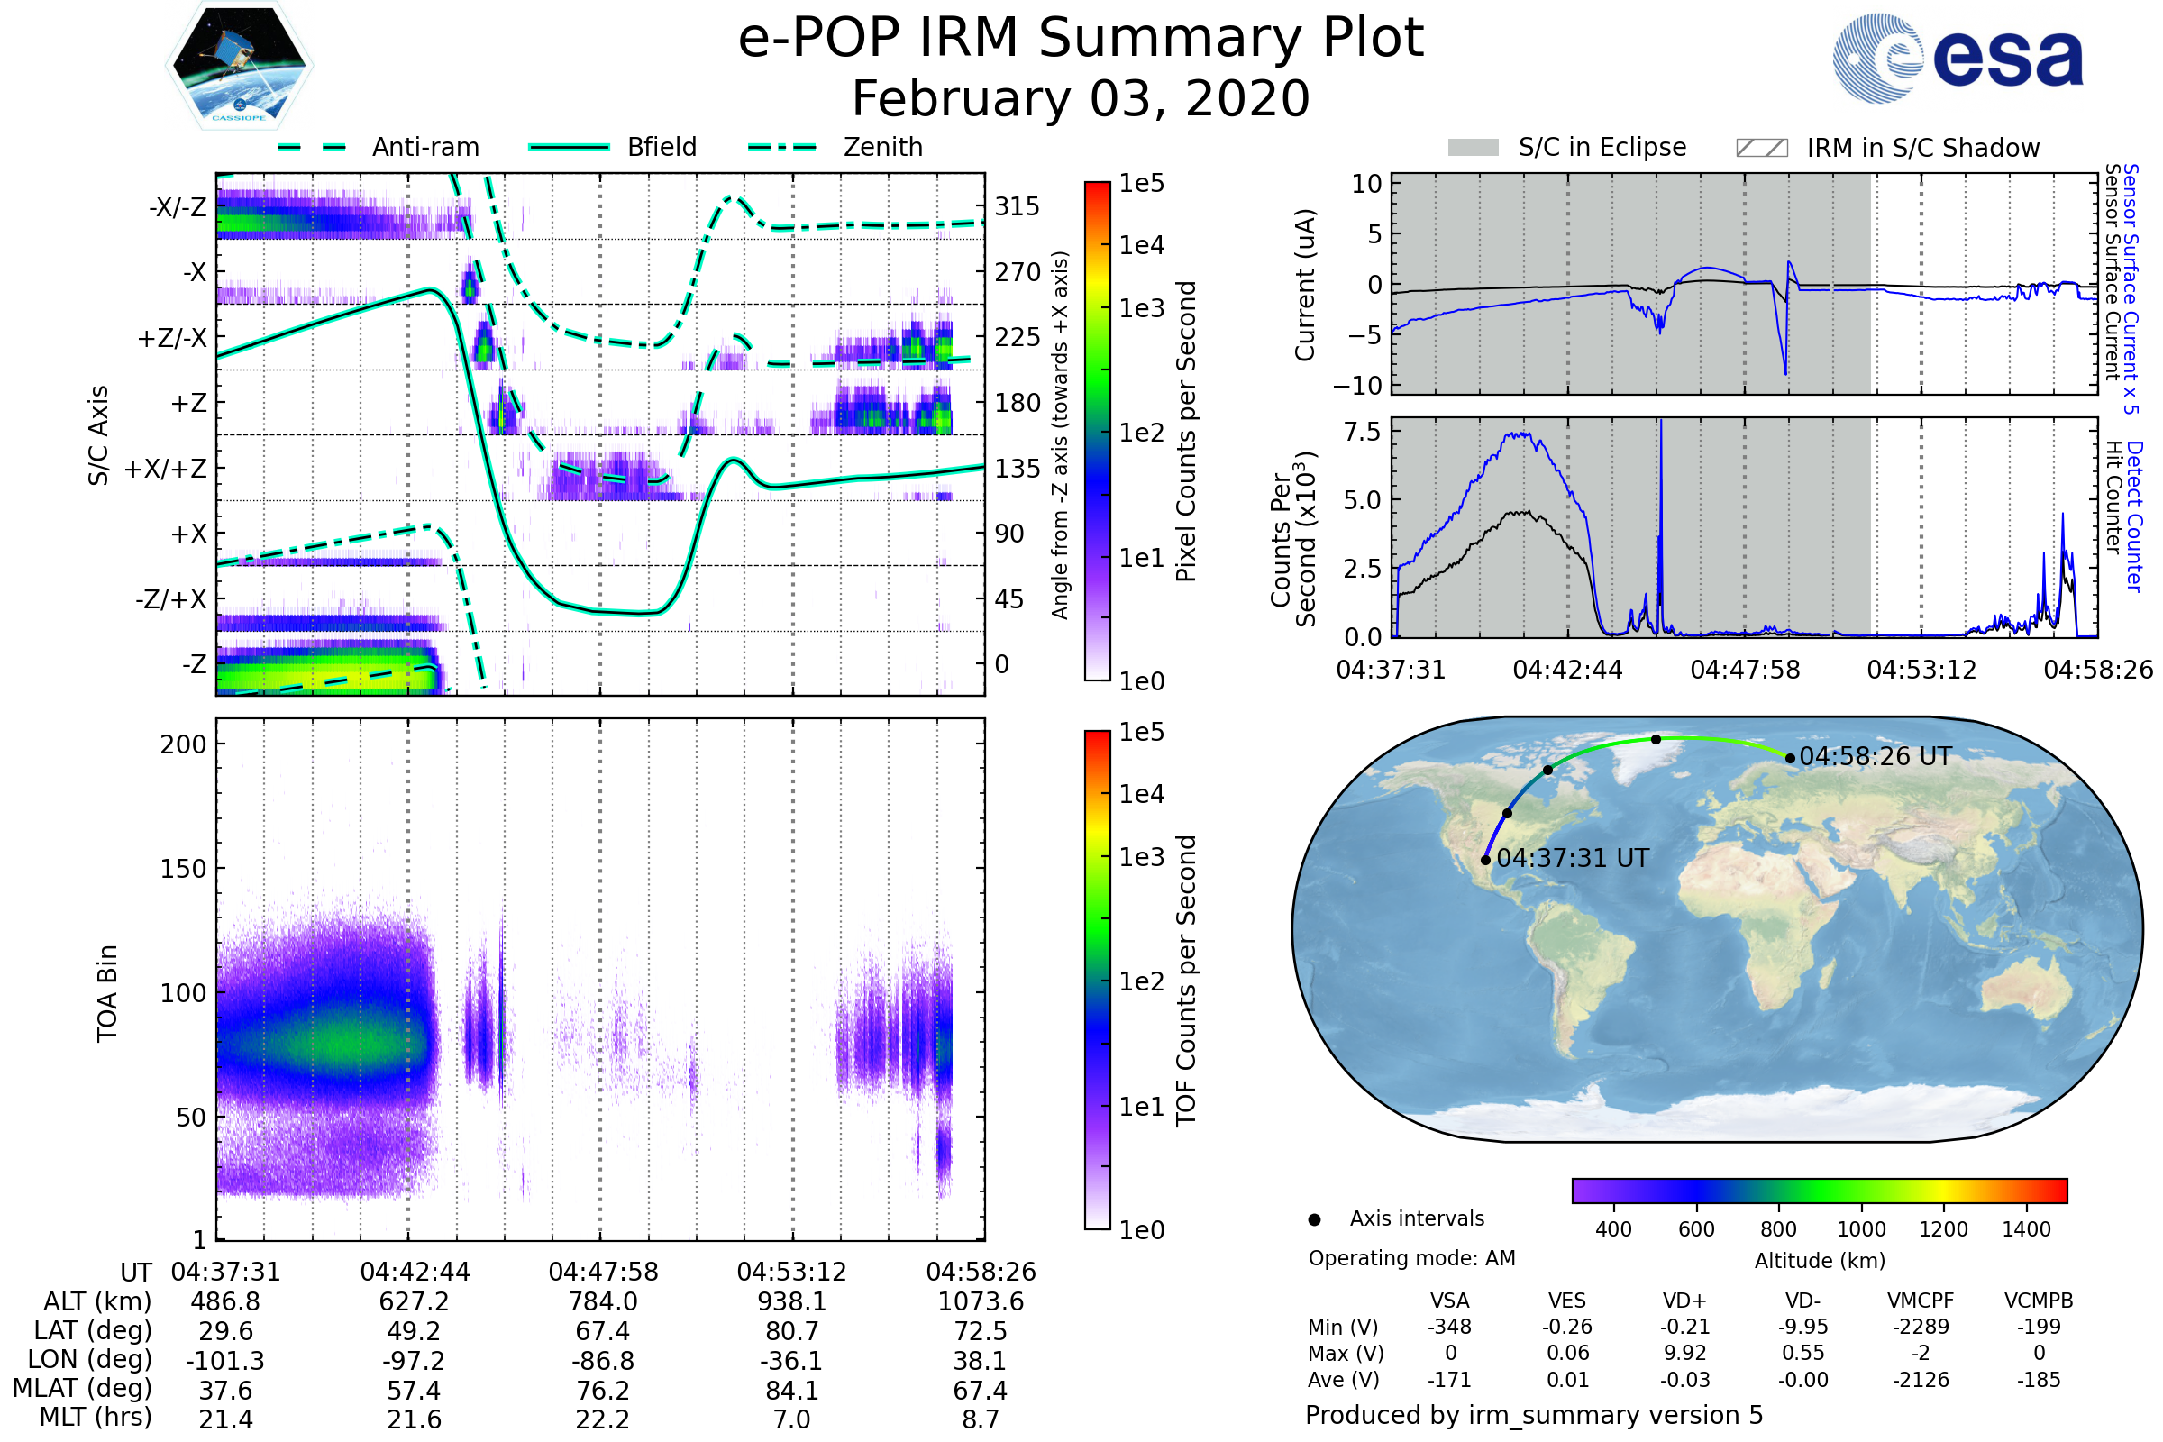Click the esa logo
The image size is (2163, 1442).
click(x=1958, y=58)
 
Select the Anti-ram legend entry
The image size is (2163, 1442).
click(x=379, y=147)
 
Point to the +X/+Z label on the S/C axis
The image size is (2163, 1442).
click(x=166, y=469)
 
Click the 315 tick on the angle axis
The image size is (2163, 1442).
click(x=1018, y=206)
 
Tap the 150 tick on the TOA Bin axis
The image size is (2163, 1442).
click(x=183, y=869)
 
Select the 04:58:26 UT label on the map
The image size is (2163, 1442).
click(x=1876, y=757)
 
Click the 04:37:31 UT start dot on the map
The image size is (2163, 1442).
click(x=1486, y=860)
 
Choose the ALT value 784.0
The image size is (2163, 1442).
click(x=603, y=1302)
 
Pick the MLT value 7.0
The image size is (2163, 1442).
click(x=792, y=1419)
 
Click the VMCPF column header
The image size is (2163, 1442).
click(x=1921, y=1301)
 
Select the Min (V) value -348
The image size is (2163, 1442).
click(x=1449, y=1327)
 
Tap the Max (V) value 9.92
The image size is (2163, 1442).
click(x=1684, y=1353)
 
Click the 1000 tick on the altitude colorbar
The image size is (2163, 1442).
click(x=1861, y=1229)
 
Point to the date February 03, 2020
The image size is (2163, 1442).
click(x=1081, y=98)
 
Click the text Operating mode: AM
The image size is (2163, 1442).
click(x=1411, y=1258)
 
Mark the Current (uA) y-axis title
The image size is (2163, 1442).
click(x=1305, y=285)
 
